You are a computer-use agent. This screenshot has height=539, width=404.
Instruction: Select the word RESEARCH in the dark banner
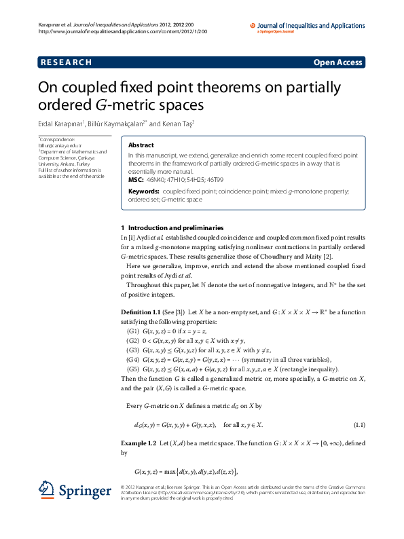click(66, 62)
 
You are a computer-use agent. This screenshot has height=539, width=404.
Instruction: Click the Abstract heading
click(141, 145)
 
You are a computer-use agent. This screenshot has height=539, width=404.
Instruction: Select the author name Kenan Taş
click(179, 124)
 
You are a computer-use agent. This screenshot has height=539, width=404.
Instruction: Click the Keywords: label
click(144, 192)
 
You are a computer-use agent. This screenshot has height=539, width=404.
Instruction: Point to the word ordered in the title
click(61, 105)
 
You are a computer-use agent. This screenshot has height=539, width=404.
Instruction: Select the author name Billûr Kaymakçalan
click(113, 124)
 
